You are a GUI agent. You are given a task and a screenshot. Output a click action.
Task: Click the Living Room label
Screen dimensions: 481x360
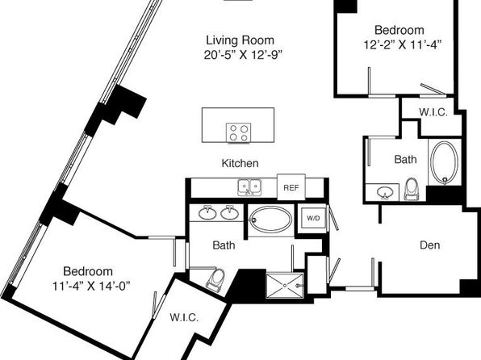pos(240,40)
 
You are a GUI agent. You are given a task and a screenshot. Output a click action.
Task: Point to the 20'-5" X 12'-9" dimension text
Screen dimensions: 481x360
pos(243,55)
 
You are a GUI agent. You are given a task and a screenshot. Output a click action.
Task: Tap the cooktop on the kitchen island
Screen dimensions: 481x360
pos(238,132)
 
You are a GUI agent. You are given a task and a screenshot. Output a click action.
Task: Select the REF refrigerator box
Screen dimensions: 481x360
pos(291,187)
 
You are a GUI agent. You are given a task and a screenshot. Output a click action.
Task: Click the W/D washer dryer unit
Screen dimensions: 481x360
pos(313,218)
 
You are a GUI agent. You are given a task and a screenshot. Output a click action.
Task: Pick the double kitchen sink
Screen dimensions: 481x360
pos(249,187)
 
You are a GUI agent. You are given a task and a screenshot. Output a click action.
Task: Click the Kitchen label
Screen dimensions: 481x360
pos(240,163)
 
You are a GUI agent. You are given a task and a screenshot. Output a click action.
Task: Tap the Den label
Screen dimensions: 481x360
pos(430,245)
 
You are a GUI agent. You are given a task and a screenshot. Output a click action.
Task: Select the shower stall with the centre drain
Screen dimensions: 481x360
pos(285,286)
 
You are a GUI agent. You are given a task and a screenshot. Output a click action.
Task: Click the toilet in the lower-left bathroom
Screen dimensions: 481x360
pos(215,279)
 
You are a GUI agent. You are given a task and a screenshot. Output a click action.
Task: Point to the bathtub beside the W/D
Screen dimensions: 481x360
pos(270,220)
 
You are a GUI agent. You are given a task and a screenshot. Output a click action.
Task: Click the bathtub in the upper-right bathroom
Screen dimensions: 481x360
pos(444,162)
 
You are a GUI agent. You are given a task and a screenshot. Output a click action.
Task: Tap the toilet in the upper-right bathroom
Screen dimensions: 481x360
pos(412,190)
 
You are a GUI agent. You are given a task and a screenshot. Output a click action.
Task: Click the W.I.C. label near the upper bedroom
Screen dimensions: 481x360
pos(433,112)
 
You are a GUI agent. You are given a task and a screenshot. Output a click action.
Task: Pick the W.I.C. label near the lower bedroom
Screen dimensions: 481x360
pos(184,317)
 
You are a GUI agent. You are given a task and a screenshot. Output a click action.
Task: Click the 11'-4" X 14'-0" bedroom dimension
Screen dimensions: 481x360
pos(91,286)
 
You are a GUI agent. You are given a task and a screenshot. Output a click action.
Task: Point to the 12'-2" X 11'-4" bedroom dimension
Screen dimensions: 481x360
pos(402,45)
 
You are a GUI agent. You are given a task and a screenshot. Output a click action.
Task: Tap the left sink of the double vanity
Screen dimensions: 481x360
pos(207,212)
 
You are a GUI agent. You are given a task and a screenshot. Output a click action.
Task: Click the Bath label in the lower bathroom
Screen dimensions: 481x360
pos(224,245)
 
